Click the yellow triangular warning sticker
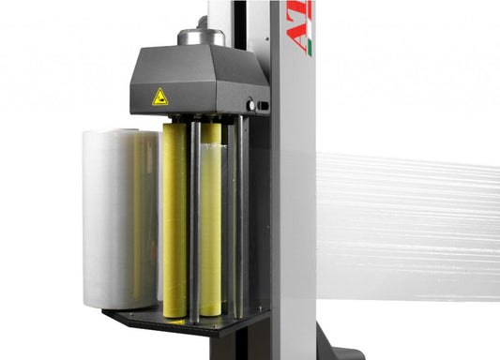click(x=159, y=96)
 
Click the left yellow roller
click(x=174, y=220)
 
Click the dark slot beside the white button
click(x=264, y=106)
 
